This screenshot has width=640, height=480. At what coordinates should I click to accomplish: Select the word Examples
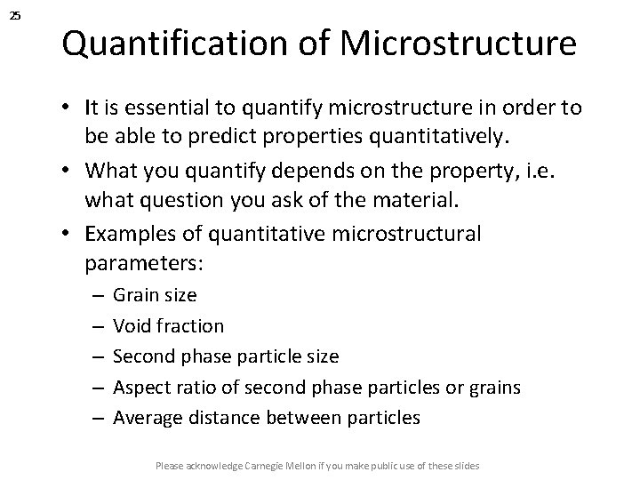coord(130,234)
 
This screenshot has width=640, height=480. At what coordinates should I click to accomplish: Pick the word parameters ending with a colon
coord(143,264)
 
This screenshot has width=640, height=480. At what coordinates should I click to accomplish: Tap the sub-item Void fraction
coord(169,326)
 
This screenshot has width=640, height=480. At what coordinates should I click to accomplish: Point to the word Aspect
coord(140,388)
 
